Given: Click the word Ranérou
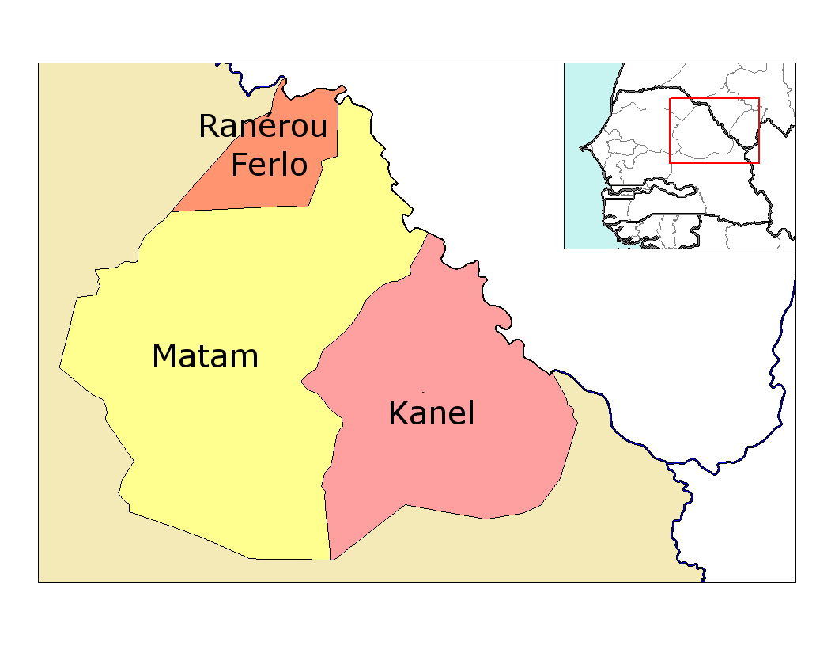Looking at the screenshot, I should click(263, 127).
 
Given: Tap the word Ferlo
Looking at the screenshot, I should click(269, 165).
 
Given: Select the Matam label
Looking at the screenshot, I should click(205, 357).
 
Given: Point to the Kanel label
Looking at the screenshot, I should click(431, 413).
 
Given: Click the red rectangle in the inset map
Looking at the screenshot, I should click(714, 99).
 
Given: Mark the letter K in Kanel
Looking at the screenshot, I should click(397, 413).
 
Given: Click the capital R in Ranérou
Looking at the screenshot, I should click(208, 127).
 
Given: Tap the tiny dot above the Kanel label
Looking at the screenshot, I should click(423, 392).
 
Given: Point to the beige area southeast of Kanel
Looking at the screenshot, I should click(617, 515).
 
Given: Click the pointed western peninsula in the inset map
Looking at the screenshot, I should click(583, 147).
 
